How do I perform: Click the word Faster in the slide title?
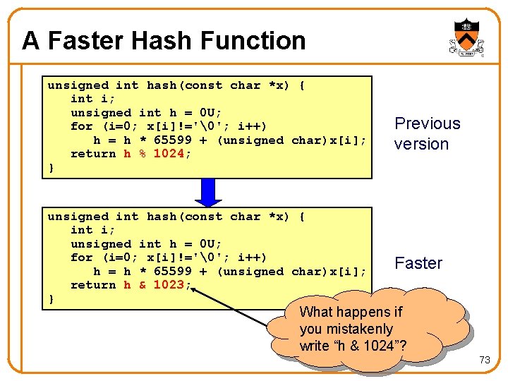73,41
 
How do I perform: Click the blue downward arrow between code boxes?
207,191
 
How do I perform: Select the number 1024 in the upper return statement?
169,154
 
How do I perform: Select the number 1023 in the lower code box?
169,285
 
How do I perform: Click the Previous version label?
426,133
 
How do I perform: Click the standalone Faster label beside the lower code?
418,263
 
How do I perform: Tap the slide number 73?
484,360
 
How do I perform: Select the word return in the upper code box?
93,154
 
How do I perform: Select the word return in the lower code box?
93,285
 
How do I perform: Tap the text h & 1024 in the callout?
367,346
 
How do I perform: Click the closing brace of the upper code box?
51,168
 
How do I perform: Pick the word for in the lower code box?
81,258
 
